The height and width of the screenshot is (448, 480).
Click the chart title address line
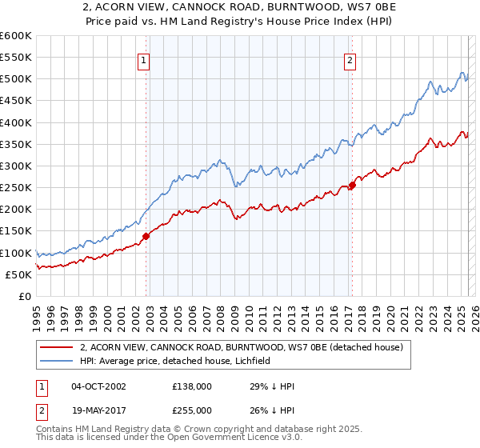pyautogui.click(x=240, y=7)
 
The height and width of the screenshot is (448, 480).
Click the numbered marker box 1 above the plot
pyautogui.click(x=143, y=59)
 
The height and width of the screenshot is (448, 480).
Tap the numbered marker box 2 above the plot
pyautogui.click(x=350, y=59)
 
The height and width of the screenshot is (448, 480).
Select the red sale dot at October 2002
pyautogui.click(x=146, y=236)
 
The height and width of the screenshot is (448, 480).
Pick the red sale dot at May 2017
pyautogui.click(x=353, y=186)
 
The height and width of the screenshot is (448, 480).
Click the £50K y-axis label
pyautogui.click(x=18, y=274)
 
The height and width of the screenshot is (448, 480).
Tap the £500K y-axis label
pyautogui.click(x=16, y=79)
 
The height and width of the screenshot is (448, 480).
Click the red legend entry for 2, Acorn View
pyautogui.click(x=245, y=347)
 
